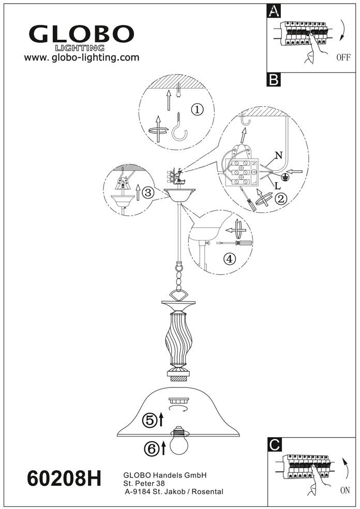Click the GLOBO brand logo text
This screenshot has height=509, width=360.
(82, 35)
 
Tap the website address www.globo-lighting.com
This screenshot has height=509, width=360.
(82, 57)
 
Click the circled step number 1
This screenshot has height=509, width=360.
(197, 109)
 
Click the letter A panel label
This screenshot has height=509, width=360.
(275, 11)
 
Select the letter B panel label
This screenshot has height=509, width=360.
(275, 80)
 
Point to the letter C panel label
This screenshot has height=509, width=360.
(275, 444)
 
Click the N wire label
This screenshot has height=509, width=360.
(279, 156)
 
